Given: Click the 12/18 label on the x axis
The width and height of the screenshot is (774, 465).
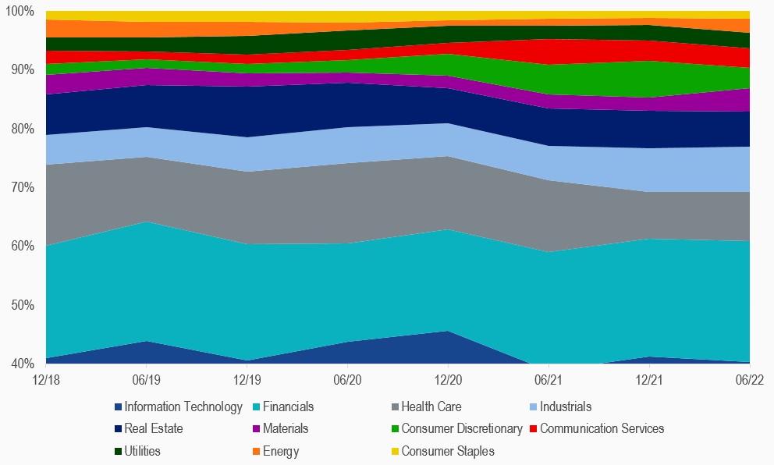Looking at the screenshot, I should pos(46,380).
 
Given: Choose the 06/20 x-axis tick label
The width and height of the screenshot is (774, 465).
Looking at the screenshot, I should pos(347,380).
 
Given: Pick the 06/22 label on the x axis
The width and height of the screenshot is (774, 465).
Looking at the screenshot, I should pos(750,380).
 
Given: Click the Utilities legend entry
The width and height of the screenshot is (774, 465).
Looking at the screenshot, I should pos(144,451).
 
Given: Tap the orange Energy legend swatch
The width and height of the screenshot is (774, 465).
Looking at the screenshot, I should pos(256,451).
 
